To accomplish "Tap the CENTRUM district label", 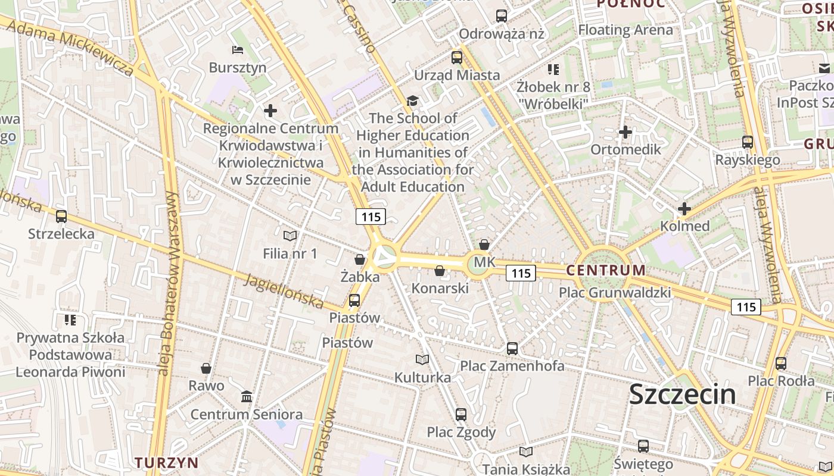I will click(x=605, y=270).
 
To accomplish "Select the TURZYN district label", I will click(x=166, y=462).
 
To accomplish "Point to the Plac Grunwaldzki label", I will click(x=614, y=293).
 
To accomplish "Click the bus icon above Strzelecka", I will click(x=61, y=217).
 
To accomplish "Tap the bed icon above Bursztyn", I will click(x=238, y=50).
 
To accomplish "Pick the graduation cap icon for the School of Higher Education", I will click(x=412, y=101).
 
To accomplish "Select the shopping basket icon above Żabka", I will click(x=360, y=259).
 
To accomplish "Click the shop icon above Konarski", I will click(x=440, y=271).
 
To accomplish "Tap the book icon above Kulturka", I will click(x=422, y=360).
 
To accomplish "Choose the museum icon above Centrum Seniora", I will click(x=246, y=396).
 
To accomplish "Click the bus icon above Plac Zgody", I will click(x=460, y=414).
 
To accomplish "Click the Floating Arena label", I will click(x=625, y=30).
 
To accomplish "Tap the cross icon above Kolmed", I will click(x=684, y=209).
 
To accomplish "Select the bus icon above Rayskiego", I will click(x=748, y=142).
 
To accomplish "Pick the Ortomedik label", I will click(x=625, y=149).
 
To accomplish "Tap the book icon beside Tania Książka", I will click(x=525, y=452).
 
